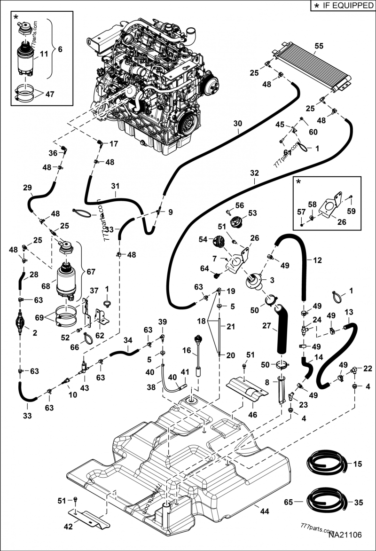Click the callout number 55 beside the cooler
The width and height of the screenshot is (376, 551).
coord(319,47)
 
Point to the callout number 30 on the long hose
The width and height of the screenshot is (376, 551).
coord(238,124)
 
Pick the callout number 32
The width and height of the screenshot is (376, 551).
coord(254,173)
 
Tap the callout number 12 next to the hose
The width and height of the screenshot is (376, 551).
coord(318,260)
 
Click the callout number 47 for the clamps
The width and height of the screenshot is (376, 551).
coord(50,94)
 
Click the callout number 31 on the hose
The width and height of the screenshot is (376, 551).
coord(116,186)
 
